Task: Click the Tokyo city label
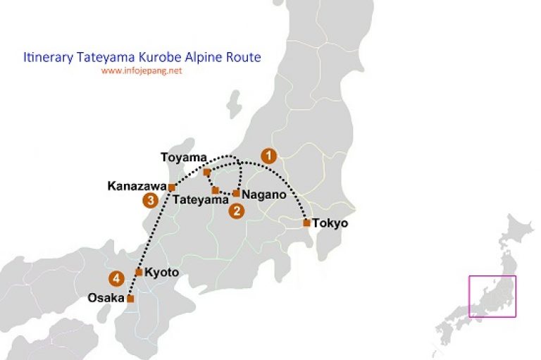(x=331, y=223)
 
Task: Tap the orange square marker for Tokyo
(x=306, y=223)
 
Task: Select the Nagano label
(x=263, y=194)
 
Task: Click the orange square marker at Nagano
(x=237, y=193)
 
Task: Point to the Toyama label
(x=184, y=159)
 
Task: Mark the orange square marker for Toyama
(x=206, y=172)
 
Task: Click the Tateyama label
(x=201, y=201)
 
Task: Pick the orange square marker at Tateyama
(x=216, y=190)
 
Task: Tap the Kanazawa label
(x=137, y=187)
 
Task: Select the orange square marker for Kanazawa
(x=172, y=187)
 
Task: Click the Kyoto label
(x=162, y=272)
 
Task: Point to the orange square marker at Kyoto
(x=139, y=272)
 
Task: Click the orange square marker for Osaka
(x=130, y=299)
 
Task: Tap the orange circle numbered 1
(x=268, y=154)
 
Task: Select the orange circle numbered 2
(x=236, y=210)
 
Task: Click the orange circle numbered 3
(x=149, y=201)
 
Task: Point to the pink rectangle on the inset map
(x=492, y=296)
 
